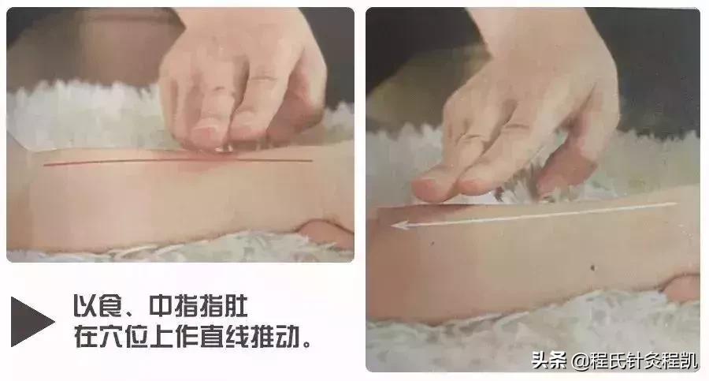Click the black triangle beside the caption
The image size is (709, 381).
click(30, 320)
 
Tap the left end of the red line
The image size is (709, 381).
click(46, 165)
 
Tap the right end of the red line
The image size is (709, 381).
click(312, 160)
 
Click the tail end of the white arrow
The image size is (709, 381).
click(676, 204)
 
